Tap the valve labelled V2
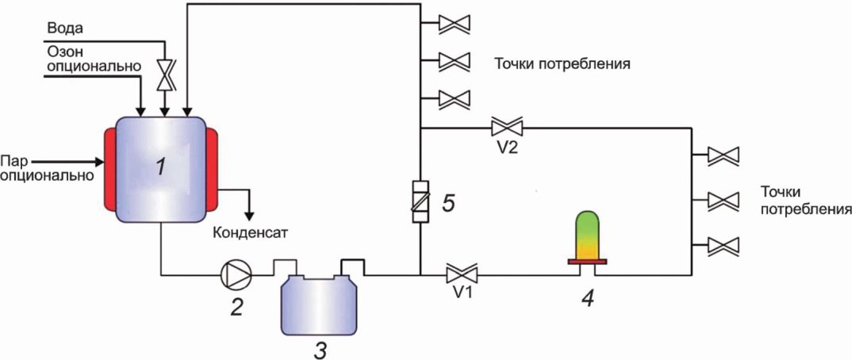coord(506,128)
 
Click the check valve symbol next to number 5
coord(421,201)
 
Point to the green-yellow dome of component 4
coord(587,236)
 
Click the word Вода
coord(66,29)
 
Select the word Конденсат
coord(249,233)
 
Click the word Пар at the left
coord(13,161)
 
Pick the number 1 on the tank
coord(160,169)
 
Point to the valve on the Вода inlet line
coord(163,75)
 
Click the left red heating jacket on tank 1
coord(109,168)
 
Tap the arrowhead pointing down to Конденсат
coord(249,214)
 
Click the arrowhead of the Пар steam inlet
coord(99,161)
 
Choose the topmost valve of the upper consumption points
coord(455,23)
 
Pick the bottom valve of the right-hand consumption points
coord(723,246)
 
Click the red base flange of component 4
coord(587,262)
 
